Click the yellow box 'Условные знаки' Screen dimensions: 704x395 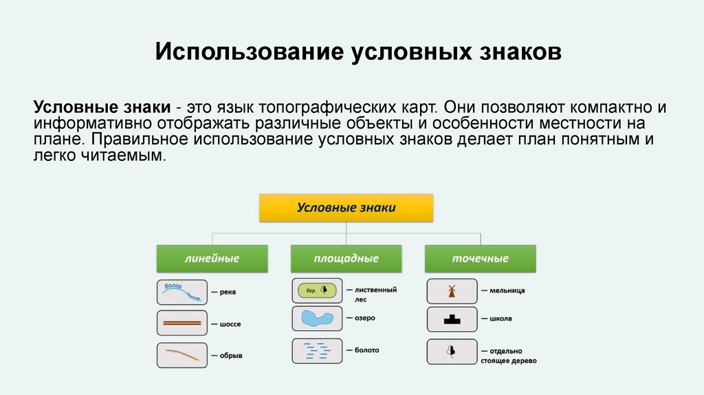pos(346,207)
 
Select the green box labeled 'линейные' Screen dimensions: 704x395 pos(211,258)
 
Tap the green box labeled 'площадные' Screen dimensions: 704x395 pos(346,258)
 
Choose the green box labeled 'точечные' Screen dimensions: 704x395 pos(480,258)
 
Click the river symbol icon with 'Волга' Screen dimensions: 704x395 pos(181,292)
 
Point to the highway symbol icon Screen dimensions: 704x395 pos(181,323)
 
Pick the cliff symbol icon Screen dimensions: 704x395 pos(181,355)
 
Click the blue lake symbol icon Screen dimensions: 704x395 pos(317,319)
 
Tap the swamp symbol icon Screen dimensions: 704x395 pos(317,350)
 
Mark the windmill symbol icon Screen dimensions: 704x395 pos(452,291)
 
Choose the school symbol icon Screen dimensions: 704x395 pos(452,319)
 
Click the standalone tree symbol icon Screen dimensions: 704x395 pos(452,351)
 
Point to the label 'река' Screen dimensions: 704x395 pos(228,292)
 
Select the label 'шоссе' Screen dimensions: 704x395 pos(230,323)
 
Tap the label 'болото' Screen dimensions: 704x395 pos(366,350)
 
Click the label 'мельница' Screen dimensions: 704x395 pos(507,291)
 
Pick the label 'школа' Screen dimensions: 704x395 pos(500,319)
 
